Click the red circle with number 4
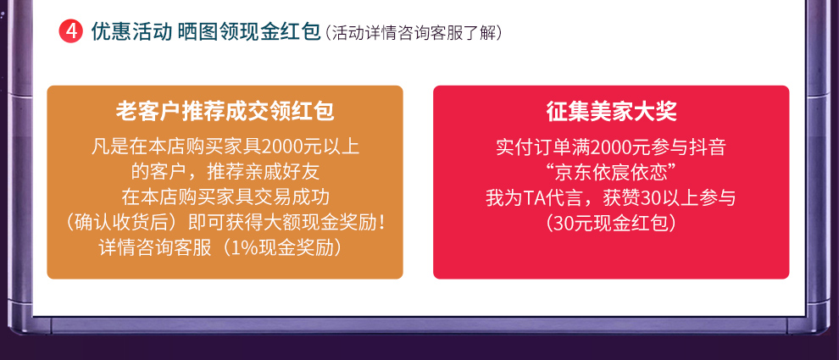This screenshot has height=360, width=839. [70, 32]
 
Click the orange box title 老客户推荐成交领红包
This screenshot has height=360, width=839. [225, 112]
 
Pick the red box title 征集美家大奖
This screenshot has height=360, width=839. [612, 112]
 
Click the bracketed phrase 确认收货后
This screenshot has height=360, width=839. [125, 223]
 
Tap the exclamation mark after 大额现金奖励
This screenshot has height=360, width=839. [381, 223]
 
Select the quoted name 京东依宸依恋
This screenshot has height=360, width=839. [610, 172]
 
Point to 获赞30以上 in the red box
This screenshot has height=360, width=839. [649, 197]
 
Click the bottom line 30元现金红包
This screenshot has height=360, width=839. [611, 223]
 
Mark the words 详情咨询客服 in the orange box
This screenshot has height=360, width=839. [155, 248]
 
